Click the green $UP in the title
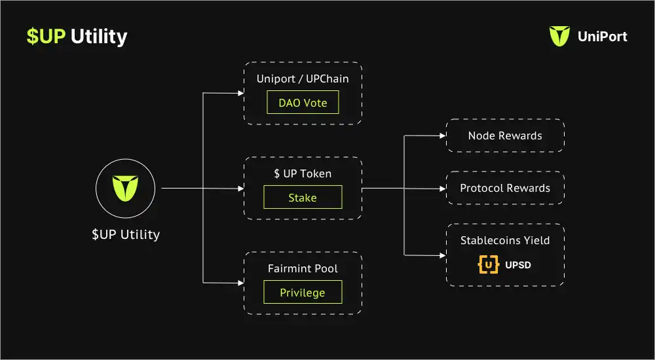pyautogui.click(x=46, y=37)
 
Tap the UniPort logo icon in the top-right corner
pyautogui.click(x=559, y=36)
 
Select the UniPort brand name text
pyautogui.click(x=603, y=37)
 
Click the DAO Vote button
pyautogui.click(x=303, y=103)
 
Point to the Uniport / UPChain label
pyautogui.click(x=303, y=79)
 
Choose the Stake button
pyautogui.click(x=303, y=197)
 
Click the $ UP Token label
pyautogui.click(x=303, y=173)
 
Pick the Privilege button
pyautogui.click(x=303, y=292)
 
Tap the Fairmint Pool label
pyautogui.click(x=303, y=268)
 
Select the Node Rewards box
pyautogui.click(x=505, y=136)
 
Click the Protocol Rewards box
pyautogui.click(x=505, y=188)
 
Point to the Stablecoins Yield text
pyautogui.click(x=505, y=240)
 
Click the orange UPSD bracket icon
pyautogui.click(x=488, y=265)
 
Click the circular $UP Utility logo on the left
pyautogui.click(x=125, y=189)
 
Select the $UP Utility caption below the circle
pyautogui.click(x=125, y=234)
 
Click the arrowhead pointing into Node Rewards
pyautogui.click(x=441, y=136)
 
